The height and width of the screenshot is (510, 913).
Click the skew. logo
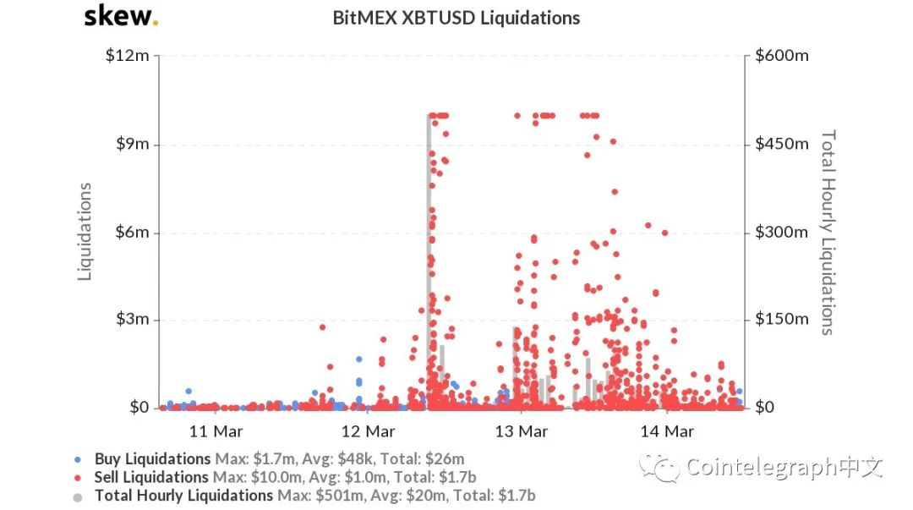pos(120,16)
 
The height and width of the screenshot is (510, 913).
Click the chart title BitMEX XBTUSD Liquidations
pos(457,18)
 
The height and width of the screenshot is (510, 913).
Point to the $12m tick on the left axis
pos(128,56)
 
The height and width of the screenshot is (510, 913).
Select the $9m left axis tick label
pos(133,144)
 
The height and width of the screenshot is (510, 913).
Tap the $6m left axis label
pos(133,232)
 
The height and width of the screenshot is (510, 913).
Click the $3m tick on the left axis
pos(133,320)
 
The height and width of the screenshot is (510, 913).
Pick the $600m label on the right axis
pos(782,56)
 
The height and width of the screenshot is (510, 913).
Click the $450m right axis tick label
pos(782,144)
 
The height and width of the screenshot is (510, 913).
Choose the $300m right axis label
pos(782,232)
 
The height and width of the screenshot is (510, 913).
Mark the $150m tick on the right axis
pos(782,320)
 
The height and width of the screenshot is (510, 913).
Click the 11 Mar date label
pos(216,431)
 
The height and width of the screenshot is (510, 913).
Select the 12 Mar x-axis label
pos(368,431)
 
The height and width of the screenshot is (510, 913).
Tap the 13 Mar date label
pos(520,431)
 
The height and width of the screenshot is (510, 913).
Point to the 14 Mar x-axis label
pos(668,431)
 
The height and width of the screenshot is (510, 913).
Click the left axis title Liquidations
pos(85,232)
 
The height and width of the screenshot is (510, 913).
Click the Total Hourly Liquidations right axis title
pos(828,232)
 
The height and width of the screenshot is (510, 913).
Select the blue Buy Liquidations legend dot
pos(79,459)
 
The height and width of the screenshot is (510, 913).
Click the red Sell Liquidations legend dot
pos(79,477)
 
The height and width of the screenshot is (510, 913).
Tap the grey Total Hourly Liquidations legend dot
pos(79,496)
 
